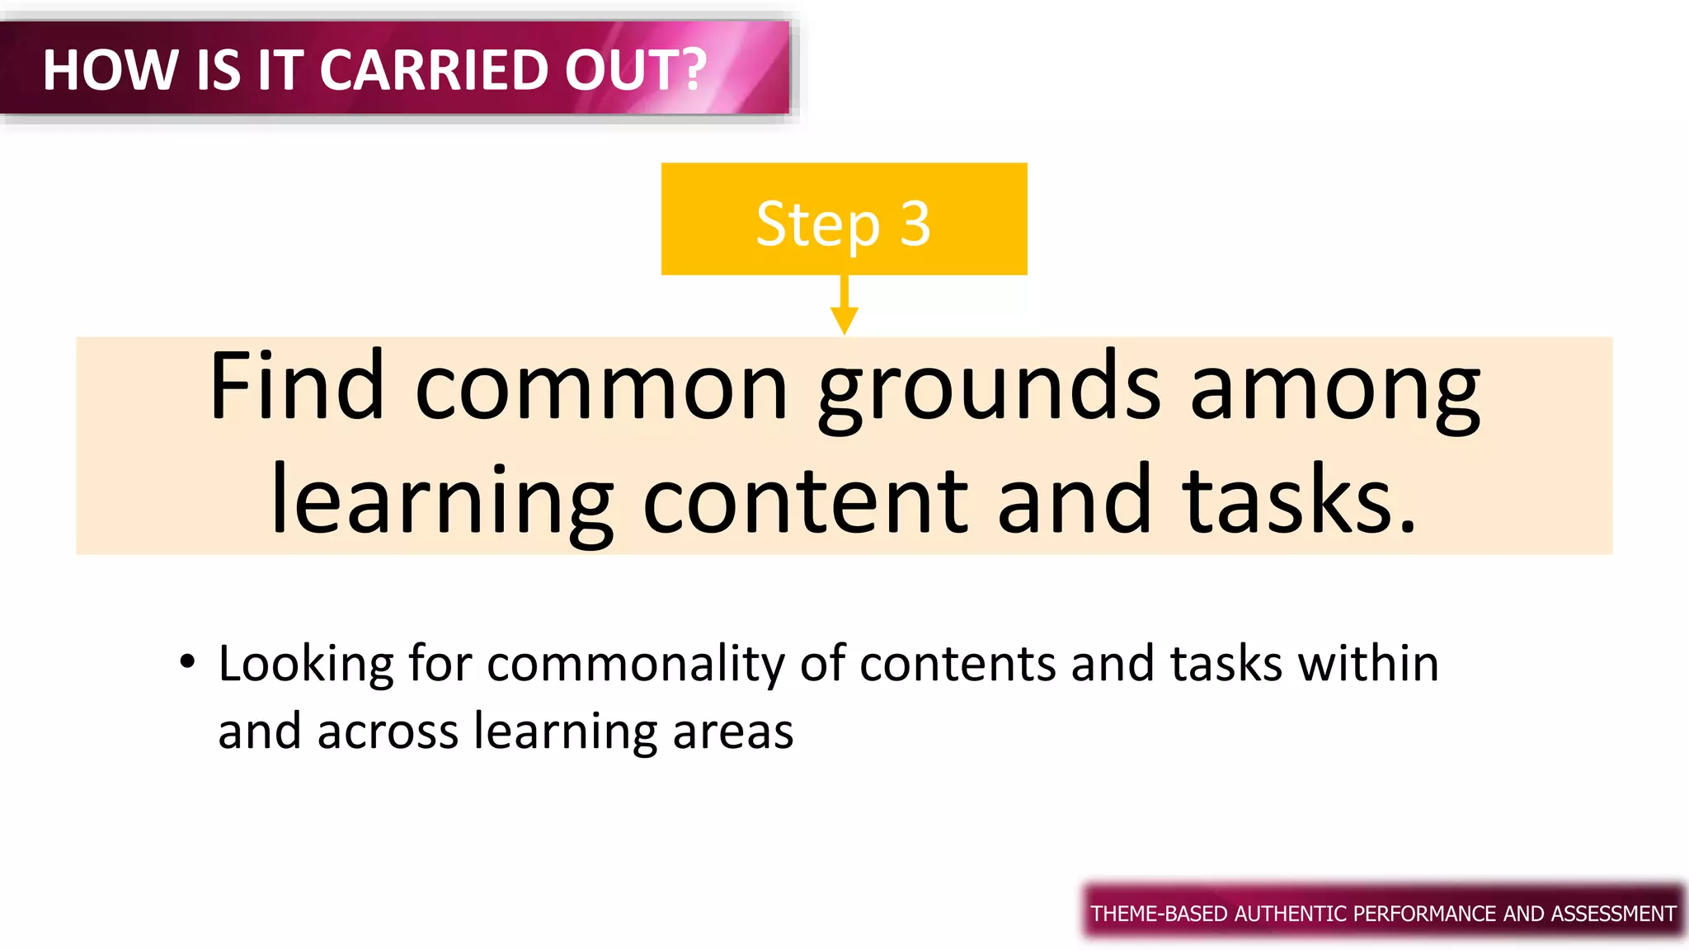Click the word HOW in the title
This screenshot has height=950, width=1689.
pyautogui.click(x=110, y=70)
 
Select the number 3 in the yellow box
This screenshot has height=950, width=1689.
pyautogui.click(x=915, y=224)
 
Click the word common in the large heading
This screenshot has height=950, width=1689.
pyautogui.click(x=601, y=388)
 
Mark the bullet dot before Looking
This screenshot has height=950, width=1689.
pyautogui.click(x=188, y=661)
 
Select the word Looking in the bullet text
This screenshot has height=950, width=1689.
pyautogui.click(x=306, y=665)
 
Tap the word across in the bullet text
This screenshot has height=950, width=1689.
pyautogui.click(x=388, y=731)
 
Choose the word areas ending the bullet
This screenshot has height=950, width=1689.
pyautogui.click(x=732, y=731)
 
